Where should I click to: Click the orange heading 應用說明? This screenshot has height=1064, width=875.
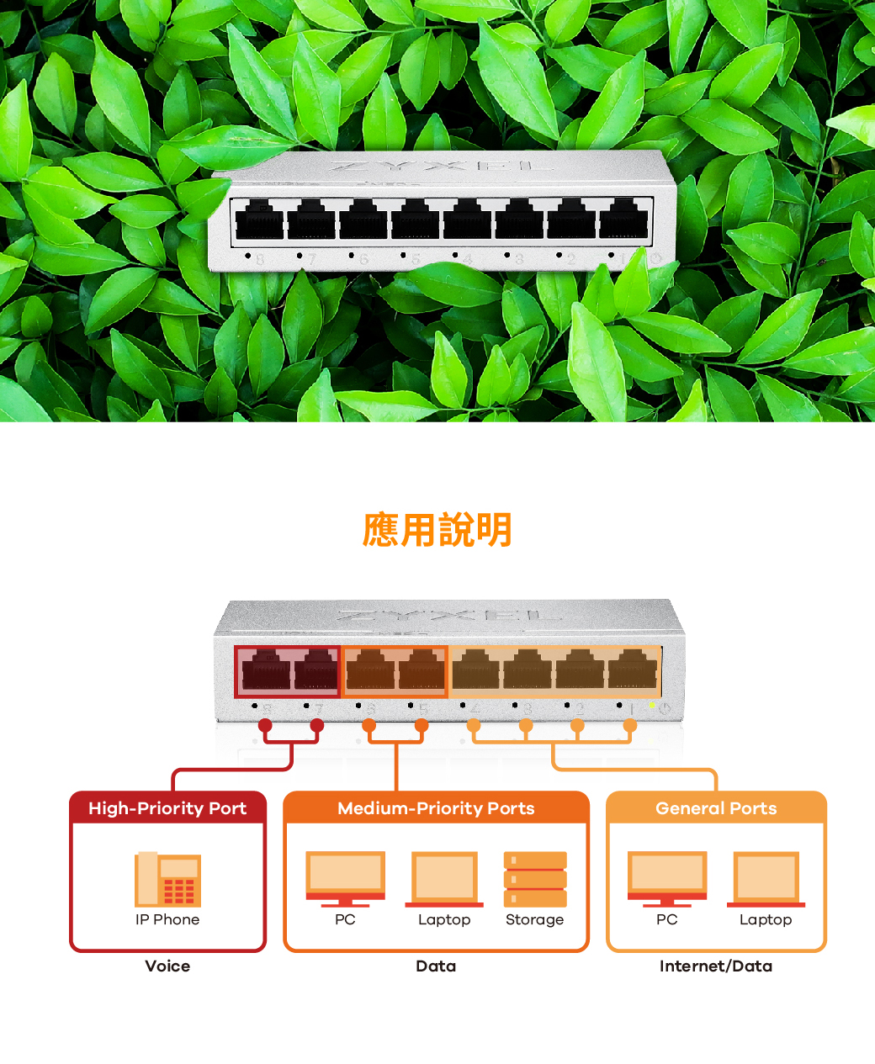[437, 531]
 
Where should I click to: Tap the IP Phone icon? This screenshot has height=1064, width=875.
[167, 879]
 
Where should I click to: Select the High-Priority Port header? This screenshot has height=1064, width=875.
[167, 808]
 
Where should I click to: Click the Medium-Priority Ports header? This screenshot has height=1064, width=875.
[436, 808]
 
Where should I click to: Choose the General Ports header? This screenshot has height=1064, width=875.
[716, 808]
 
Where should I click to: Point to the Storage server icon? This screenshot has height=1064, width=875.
[535, 879]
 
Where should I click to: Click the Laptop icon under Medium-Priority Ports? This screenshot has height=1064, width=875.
[444, 879]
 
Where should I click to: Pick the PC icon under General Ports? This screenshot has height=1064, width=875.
[667, 879]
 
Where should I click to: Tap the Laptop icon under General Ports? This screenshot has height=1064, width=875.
[766, 879]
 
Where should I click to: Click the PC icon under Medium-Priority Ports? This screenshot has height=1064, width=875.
[345, 879]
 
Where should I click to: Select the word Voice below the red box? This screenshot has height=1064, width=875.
[167, 966]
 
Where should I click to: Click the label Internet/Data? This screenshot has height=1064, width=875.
[716, 966]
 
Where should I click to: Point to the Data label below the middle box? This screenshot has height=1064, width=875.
[436, 966]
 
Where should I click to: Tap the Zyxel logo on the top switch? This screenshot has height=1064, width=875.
[441, 166]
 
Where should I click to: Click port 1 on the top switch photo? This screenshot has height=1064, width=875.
[623, 220]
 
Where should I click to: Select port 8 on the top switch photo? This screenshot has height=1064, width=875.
[259, 220]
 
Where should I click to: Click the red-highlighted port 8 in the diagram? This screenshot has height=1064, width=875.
[266, 671]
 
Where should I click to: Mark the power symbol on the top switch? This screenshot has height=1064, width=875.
[656, 258]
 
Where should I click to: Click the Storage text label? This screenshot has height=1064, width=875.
[535, 919]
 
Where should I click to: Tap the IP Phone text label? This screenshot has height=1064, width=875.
[167, 919]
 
